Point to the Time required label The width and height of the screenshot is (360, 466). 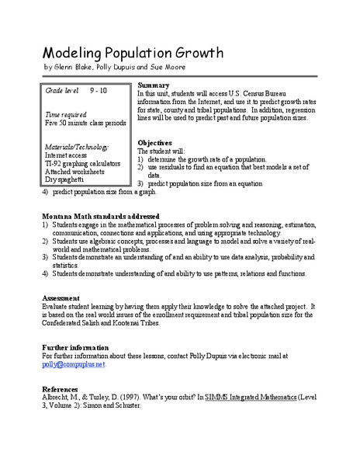[66, 113]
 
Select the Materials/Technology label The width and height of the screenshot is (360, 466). [77, 146]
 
